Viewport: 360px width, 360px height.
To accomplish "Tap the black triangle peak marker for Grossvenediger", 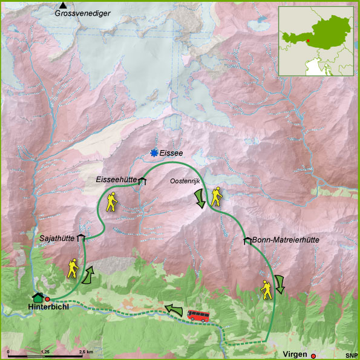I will click(63, 5).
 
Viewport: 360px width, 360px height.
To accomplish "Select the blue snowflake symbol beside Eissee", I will click(155, 154).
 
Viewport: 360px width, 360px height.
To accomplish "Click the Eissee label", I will click(172, 154).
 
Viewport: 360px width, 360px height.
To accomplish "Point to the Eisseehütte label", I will click(116, 180).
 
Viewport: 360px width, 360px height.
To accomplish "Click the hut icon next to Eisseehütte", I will click(142, 180).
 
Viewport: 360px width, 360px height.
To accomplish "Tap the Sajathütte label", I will click(56, 238).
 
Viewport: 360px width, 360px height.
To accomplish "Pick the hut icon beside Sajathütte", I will click(80, 238).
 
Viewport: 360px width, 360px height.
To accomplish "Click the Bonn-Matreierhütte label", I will click(286, 240).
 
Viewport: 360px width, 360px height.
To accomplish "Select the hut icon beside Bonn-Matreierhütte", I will click(247, 241).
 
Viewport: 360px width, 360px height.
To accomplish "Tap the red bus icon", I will click(198, 315).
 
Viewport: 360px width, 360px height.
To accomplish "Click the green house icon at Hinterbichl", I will click(38, 297).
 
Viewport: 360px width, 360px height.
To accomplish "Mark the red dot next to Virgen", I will click(313, 356).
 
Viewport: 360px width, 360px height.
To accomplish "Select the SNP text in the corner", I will click(352, 355).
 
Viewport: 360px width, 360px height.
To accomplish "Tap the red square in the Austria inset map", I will click(307, 41).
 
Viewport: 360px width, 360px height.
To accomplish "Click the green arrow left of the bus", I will click(174, 310).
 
